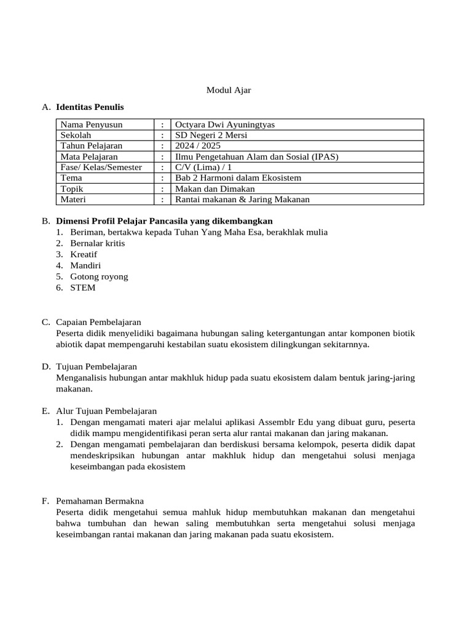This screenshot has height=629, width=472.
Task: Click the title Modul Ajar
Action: (x=228, y=90)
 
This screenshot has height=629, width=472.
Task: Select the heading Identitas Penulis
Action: (x=90, y=107)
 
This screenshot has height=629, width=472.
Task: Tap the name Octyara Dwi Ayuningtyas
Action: (x=225, y=125)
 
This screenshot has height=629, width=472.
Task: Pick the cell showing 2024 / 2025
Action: (x=197, y=146)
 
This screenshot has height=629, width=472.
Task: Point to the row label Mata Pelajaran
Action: (x=88, y=157)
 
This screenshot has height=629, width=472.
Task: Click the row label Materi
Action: (x=73, y=199)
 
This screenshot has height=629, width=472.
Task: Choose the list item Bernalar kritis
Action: (x=97, y=243)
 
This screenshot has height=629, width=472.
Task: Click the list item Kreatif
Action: (x=84, y=254)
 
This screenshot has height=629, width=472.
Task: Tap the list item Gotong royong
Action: (x=99, y=276)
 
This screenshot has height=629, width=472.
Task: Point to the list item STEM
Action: (x=83, y=287)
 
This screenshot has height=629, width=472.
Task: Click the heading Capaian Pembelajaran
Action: (x=98, y=322)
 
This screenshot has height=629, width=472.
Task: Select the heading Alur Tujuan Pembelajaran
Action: (x=106, y=411)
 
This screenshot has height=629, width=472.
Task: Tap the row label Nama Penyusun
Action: (x=91, y=125)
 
